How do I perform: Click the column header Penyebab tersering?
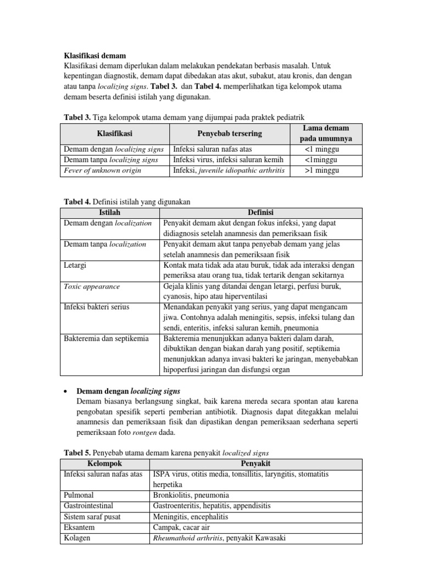230,134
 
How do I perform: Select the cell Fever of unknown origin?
103,170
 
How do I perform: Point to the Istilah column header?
109,213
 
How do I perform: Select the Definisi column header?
260,213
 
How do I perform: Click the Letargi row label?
76,265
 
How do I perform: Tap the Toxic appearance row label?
92,286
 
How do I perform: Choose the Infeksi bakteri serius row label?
96,307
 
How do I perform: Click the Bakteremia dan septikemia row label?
106,338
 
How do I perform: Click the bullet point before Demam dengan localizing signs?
66,391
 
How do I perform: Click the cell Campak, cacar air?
179,527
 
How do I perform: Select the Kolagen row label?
77,538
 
